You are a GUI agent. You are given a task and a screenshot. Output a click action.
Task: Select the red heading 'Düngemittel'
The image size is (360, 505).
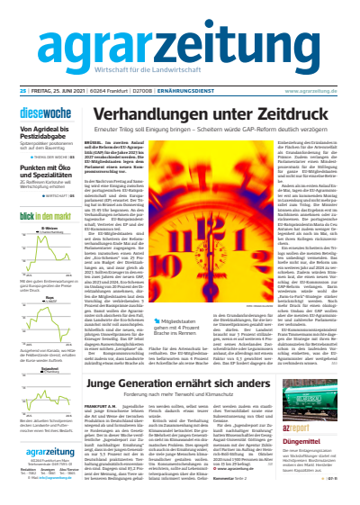pos(304,443)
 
